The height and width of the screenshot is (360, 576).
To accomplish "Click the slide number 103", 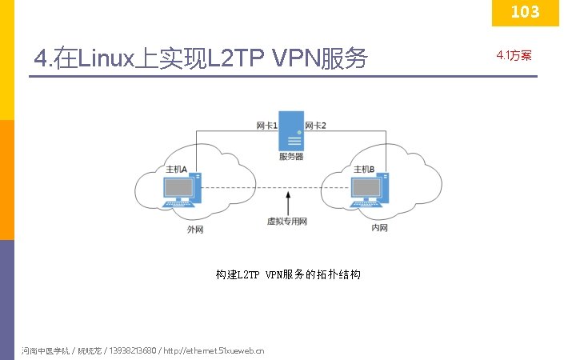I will pos(525,12).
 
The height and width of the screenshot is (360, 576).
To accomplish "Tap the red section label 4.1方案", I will pos(514,55).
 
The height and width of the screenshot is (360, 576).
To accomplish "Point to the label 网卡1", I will pos(266,126).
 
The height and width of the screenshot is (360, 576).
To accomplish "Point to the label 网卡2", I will pos(316,126).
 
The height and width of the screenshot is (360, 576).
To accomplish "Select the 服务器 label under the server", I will pos(291,157).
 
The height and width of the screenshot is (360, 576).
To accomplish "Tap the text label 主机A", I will pos(176,170).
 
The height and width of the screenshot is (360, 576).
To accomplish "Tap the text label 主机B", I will pos(364,169).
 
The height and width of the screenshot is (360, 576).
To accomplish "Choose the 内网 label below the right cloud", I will pos(380,228).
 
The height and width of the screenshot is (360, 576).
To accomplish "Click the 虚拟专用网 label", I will pos(287,221).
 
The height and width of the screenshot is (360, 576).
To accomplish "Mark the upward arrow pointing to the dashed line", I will pos(288,201).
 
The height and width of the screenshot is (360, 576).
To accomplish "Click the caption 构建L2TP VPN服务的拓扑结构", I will pos(288,274).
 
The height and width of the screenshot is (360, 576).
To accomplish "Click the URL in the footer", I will pos(214,350).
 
